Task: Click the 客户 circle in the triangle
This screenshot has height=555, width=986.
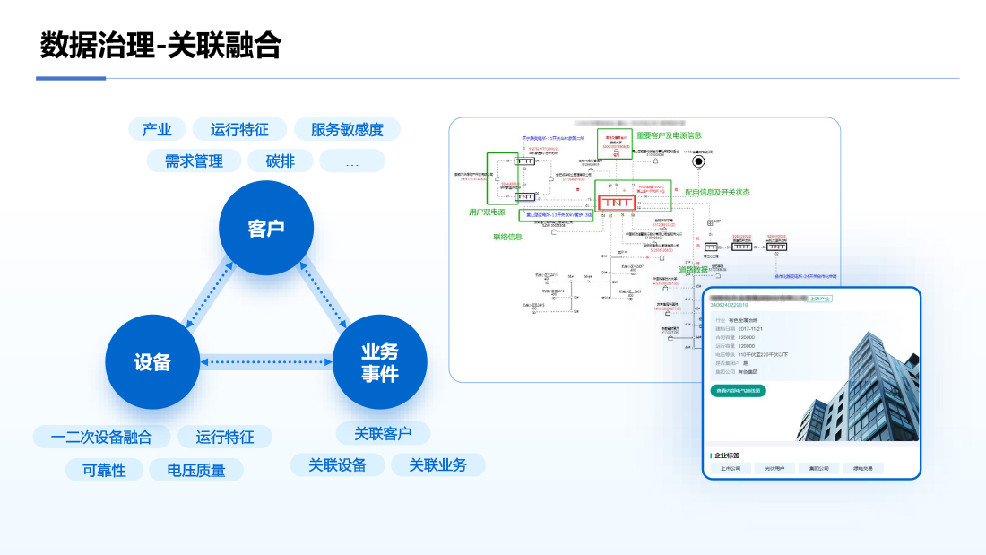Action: (266, 228)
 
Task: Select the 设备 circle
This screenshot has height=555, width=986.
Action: (152, 361)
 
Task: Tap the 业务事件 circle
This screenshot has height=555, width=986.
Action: (379, 362)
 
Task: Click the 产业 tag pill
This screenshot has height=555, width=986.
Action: (157, 129)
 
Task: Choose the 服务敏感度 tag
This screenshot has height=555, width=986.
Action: (347, 129)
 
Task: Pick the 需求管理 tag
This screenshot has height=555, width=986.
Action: (194, 161)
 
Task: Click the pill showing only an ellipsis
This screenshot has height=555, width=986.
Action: (351, 161)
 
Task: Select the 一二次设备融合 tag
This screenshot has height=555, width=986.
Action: (101, 438)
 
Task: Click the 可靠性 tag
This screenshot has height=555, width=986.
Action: (105, 470)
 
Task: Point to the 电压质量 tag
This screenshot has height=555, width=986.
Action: (196, 470)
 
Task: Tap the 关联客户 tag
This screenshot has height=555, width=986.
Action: (383, 434)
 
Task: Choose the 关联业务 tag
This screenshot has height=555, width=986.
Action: (438, 465)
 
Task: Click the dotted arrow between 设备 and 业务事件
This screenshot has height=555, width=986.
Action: (266, 362)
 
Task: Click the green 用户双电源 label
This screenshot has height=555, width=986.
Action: (487, 212)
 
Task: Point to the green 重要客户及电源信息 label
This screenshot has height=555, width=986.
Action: (669, 135)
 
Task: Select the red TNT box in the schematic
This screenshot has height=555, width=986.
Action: (617, 203)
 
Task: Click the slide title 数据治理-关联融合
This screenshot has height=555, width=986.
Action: (161, 45)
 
